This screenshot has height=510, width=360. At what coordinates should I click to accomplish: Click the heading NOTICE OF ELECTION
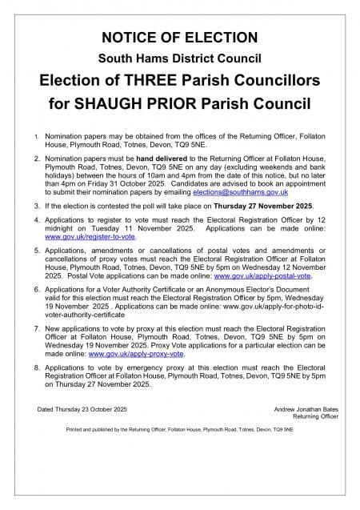180,38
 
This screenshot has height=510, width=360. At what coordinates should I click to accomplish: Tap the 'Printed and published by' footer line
179,430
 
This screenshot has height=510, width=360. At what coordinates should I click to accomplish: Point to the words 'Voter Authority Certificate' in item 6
141,288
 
